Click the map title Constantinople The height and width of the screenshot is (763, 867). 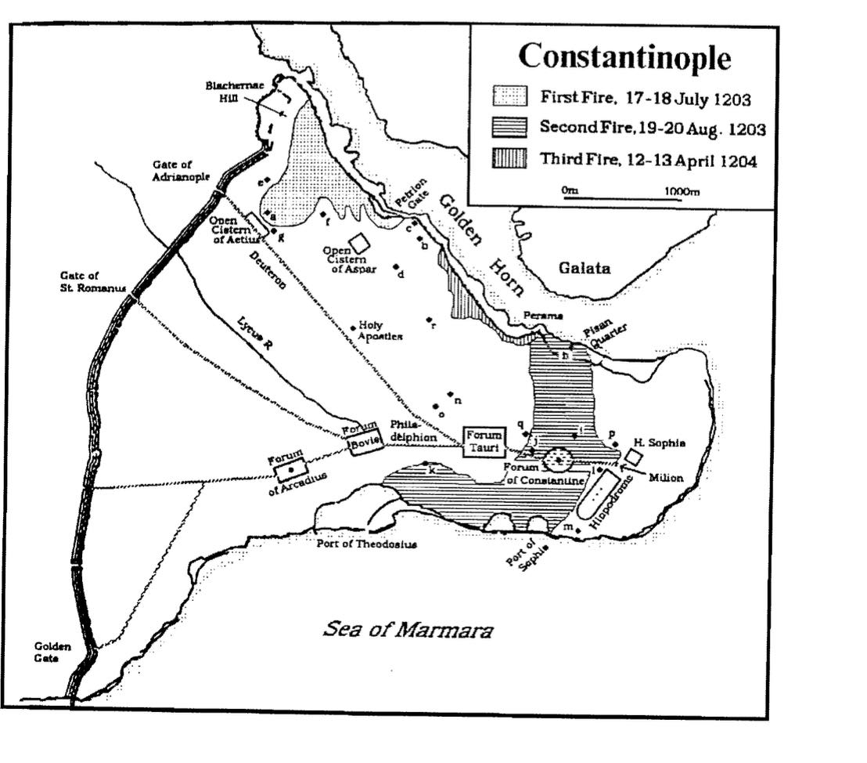[624, 56]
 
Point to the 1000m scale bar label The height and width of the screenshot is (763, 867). [681, 190]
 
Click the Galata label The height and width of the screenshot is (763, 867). [584, 269]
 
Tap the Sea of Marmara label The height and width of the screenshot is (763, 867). [408, 630]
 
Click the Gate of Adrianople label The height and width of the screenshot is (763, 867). [182, 169]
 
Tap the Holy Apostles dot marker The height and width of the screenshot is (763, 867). [353, 327]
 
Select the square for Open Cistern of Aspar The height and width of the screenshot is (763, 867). [359, 243]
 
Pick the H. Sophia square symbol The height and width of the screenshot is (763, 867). [634, 457]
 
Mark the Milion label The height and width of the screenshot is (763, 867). [666, 477]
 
